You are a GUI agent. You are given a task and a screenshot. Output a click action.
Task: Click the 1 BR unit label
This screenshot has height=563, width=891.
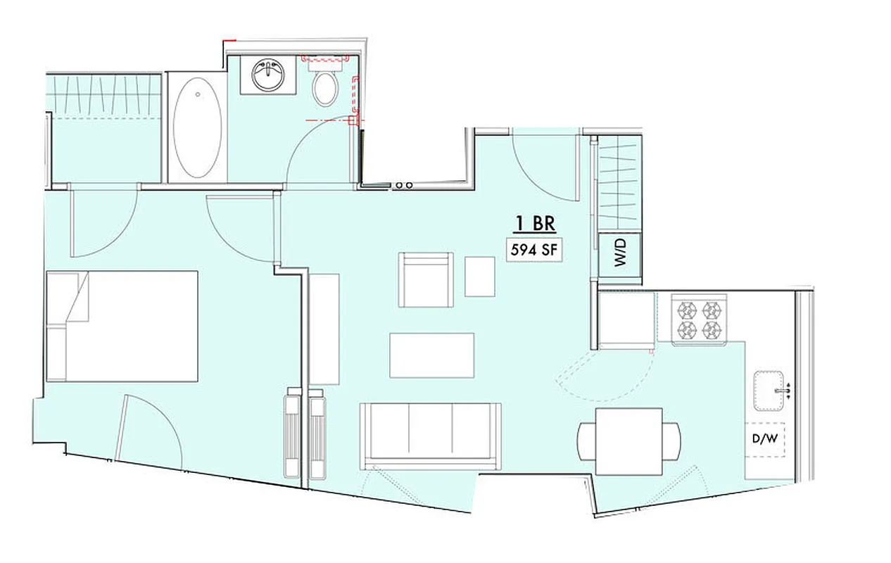536,224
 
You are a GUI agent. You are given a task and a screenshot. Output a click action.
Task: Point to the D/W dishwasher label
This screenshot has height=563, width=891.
764,439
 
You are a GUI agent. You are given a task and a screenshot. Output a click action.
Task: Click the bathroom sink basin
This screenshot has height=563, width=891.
268,75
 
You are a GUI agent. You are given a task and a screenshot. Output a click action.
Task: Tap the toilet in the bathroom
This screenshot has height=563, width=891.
324,88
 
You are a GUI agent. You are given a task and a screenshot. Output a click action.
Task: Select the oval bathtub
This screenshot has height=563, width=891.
198,127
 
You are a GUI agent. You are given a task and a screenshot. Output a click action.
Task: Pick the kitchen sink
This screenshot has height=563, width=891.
772,390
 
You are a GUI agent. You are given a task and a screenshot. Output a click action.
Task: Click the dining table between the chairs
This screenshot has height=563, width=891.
628,441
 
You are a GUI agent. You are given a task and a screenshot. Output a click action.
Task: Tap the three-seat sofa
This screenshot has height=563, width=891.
431,435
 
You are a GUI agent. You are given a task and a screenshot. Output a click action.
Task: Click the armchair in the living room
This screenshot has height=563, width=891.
425,280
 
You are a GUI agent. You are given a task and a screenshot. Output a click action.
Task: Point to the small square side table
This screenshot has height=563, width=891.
479,276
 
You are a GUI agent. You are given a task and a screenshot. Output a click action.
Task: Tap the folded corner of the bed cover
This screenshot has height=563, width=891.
78,296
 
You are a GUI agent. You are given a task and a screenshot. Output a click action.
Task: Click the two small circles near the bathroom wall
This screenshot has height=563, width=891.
404,184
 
